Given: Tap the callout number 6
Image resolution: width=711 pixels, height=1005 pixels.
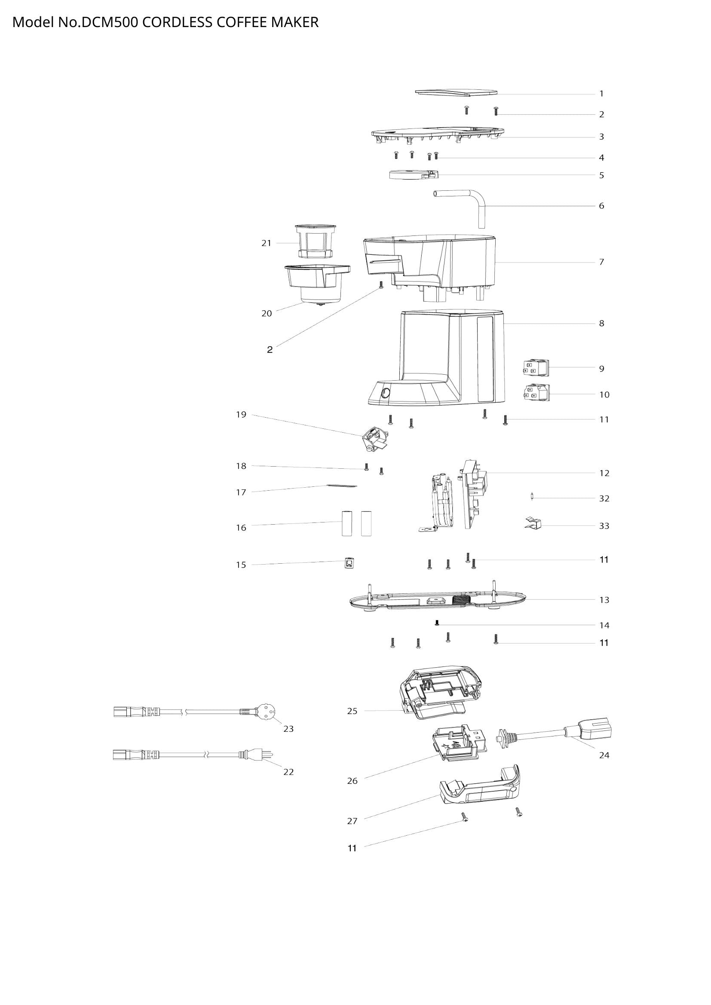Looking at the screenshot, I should coord(601,206).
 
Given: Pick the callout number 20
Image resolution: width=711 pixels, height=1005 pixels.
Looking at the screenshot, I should coord(267,313).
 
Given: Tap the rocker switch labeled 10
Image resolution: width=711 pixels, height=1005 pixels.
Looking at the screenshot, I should coord(536,394).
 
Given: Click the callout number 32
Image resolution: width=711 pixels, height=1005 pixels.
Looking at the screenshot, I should coord(604,498).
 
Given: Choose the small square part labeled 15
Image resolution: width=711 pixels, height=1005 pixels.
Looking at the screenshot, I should coord(349,563).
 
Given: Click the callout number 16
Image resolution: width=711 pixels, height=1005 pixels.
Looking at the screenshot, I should coord(241,528).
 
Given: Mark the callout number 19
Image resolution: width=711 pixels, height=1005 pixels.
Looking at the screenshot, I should coord(241,415).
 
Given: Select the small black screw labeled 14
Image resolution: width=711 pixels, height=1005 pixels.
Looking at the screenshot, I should coord(436,623).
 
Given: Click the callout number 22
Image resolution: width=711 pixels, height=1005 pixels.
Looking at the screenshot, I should coord(288,772).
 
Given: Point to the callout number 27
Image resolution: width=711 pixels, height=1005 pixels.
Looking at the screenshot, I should coord(352,821).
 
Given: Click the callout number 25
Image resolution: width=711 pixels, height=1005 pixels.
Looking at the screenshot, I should coord(352,711).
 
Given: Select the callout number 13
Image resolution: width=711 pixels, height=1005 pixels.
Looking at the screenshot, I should coord(604,600).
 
